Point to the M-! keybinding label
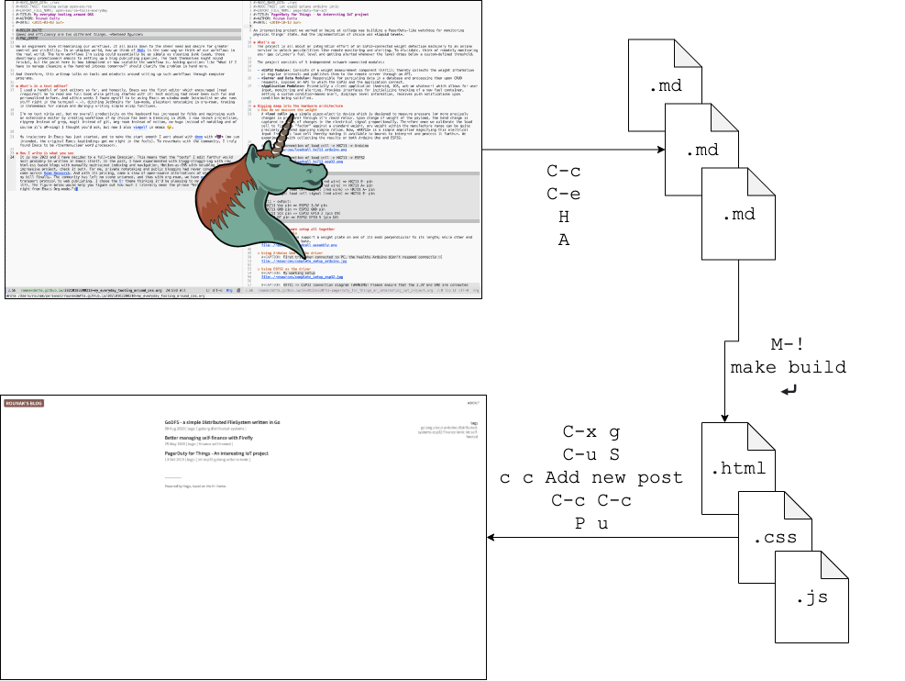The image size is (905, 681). click(789, 345)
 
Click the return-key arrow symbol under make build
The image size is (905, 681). click(789, 392)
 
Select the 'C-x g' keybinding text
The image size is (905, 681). click(591, 432)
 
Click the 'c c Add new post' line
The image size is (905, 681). click(591, 477)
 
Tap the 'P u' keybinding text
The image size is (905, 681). click(591, 522)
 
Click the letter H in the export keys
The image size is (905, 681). click(565, 216)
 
